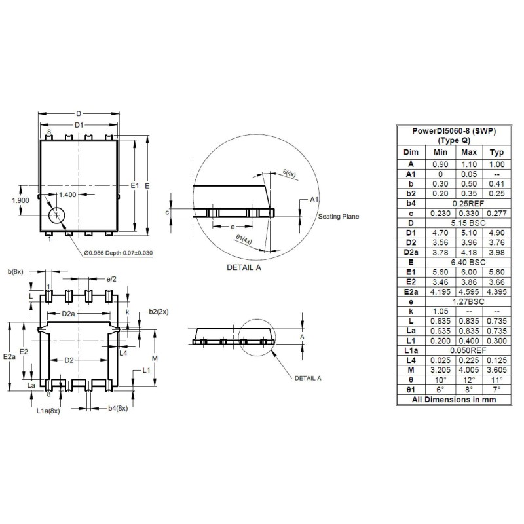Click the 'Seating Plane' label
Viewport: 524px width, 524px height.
[339, 217]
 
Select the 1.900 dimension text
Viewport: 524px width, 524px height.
[21, 201]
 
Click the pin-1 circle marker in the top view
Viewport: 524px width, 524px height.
[57, 215]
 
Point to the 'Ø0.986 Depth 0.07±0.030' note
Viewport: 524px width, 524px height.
[118, 253]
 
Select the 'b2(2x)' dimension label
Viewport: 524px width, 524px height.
[159, 312]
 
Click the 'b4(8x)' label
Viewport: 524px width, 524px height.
[117, 409]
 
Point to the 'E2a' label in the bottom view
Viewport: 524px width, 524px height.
[9, 357]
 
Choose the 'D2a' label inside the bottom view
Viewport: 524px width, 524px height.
[69, 314]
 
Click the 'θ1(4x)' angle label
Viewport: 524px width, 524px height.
[244, 240]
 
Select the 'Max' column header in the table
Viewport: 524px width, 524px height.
[468, 152]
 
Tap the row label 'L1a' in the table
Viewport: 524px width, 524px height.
[411, 350]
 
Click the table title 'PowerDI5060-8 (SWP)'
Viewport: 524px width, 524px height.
[454, 131]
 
